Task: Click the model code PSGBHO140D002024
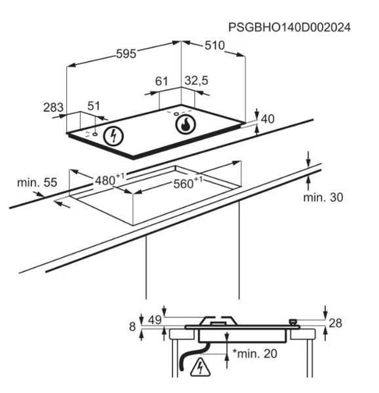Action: [289, 28]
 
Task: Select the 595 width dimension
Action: [126, 54]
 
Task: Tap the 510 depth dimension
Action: [214, 46]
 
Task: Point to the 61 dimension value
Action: [161, 81]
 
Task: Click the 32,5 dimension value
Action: [197, 81]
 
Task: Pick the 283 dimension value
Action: [53, 107]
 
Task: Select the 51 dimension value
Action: [94, 106]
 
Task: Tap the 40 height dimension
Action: [268, 119]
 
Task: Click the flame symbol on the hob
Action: [186, 124]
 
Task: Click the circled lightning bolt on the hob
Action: [113, 136]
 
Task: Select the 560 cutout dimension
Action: [188, 183]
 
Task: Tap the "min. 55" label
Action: [37, 183]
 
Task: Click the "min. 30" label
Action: [323, 198]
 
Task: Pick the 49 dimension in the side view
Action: [155, 320]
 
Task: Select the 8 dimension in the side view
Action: [132, 327]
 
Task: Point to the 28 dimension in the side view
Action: [335, 323]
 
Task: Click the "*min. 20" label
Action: [255, 354]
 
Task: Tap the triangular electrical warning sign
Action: [200, 368]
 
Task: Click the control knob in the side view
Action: [292, 322]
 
